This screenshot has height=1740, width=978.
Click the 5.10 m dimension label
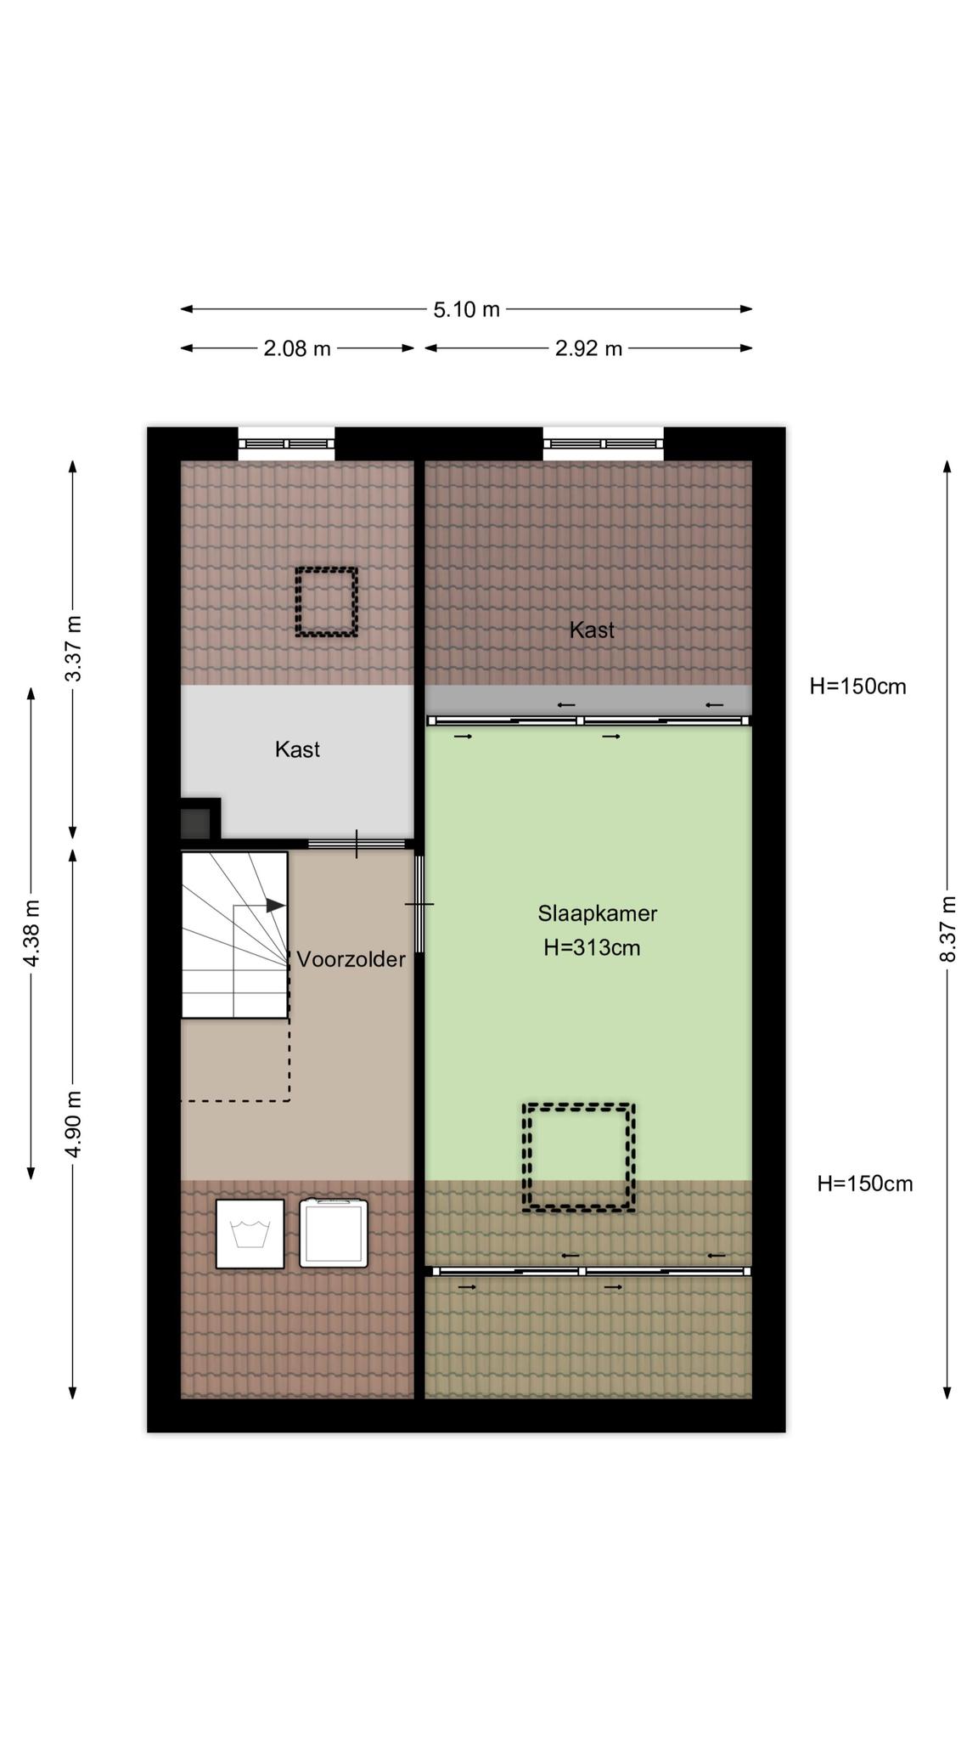point(466,309)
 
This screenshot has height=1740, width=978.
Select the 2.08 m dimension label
point(296,348)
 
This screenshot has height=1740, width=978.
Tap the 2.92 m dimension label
point(588,348)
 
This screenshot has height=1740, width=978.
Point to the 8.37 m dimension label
point(947,929)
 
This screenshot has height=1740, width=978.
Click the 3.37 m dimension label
point(73,647)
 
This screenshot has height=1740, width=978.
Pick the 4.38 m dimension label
point(31,932)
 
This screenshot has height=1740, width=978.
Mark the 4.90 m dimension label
point(73,1123)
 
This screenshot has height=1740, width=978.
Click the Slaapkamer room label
point(597,913)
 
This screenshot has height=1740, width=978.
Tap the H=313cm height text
point(592,947)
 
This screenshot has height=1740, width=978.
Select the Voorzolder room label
point(351,959)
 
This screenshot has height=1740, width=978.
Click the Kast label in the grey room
point(297,749)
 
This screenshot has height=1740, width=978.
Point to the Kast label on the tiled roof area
point(592,630)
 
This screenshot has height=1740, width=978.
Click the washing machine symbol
point(250,1234)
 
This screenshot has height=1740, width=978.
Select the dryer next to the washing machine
point(334,1233)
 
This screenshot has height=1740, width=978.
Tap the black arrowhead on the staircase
point(275,906)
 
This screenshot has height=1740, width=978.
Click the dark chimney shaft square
point(195,823)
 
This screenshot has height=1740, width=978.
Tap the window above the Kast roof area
point(603,443)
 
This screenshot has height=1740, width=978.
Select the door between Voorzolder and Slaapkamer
point(419,904)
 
